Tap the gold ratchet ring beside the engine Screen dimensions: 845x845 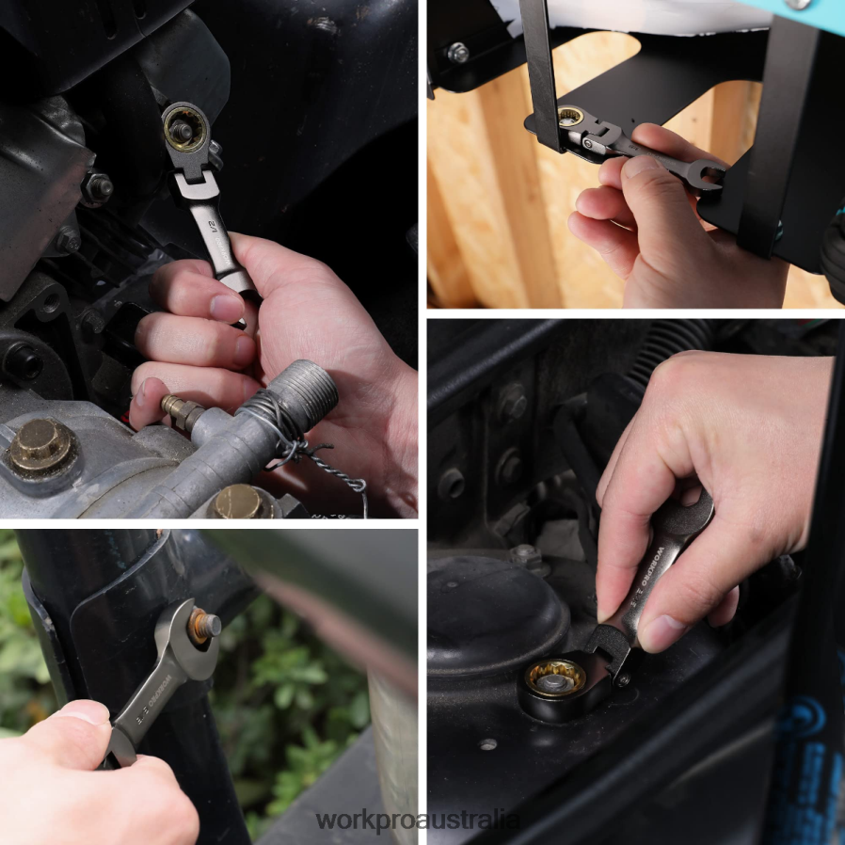184,130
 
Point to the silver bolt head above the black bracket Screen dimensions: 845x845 458,53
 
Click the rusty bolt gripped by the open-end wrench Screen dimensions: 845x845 204,625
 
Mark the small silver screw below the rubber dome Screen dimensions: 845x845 486,744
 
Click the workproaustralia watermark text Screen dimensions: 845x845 418,820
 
